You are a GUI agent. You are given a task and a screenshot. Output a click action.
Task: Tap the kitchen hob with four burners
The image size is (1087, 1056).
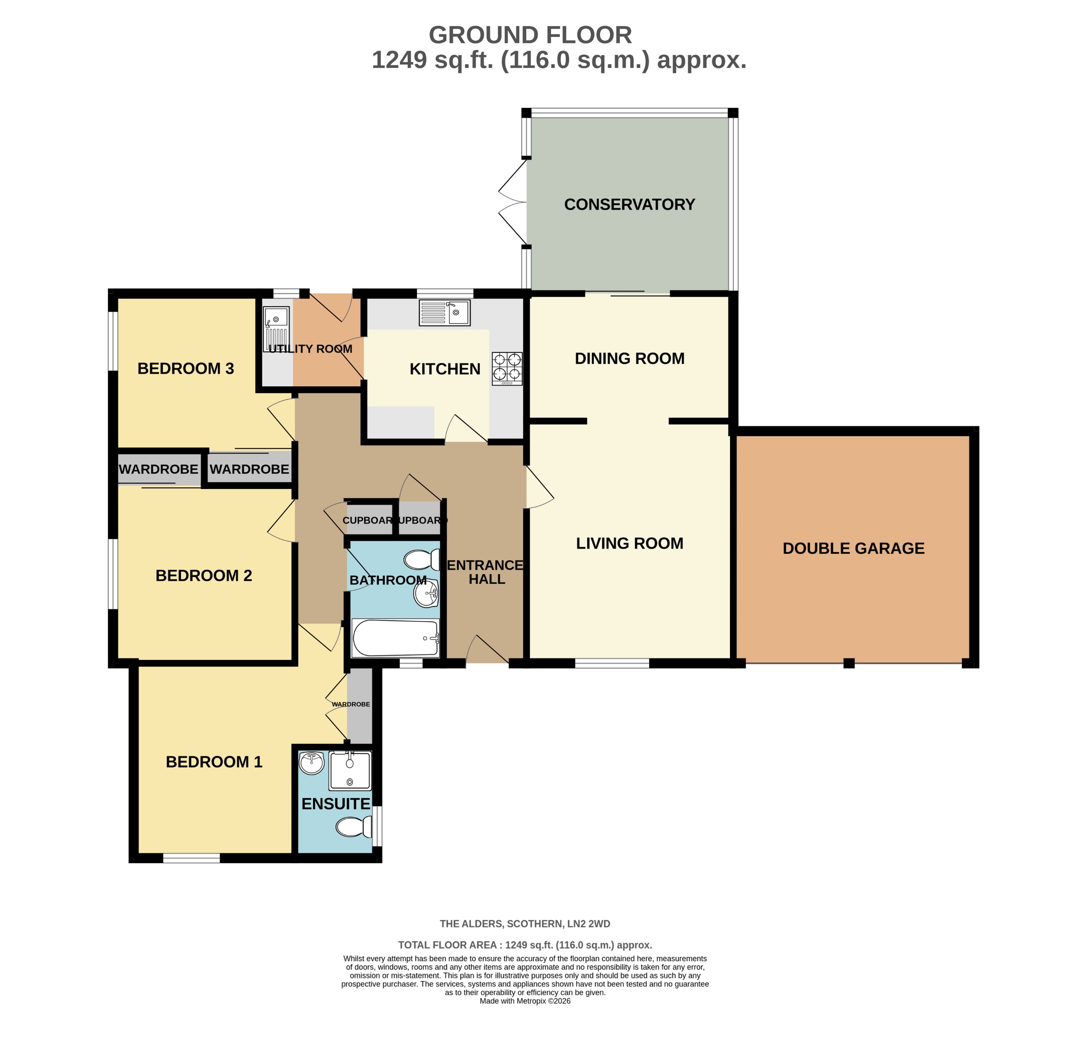[507, 368]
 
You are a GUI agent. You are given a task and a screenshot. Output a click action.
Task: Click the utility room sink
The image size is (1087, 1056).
[276, 329]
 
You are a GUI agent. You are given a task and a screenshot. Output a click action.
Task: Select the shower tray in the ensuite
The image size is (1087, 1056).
[349, 771]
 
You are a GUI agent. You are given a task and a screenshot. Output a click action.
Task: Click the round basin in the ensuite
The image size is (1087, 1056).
[312, 764]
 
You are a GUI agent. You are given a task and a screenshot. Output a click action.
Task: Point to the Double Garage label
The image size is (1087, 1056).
[853, 549]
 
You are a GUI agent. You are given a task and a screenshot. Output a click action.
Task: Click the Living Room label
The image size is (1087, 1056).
[629, 544]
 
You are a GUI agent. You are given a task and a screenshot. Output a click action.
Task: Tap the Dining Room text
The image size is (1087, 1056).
[629, 359]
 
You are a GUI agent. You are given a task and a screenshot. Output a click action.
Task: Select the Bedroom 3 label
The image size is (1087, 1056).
[185, 369]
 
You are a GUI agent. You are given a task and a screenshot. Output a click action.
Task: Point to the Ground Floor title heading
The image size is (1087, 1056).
[530, 36]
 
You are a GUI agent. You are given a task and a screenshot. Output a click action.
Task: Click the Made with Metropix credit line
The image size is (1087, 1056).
[525, 1001]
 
